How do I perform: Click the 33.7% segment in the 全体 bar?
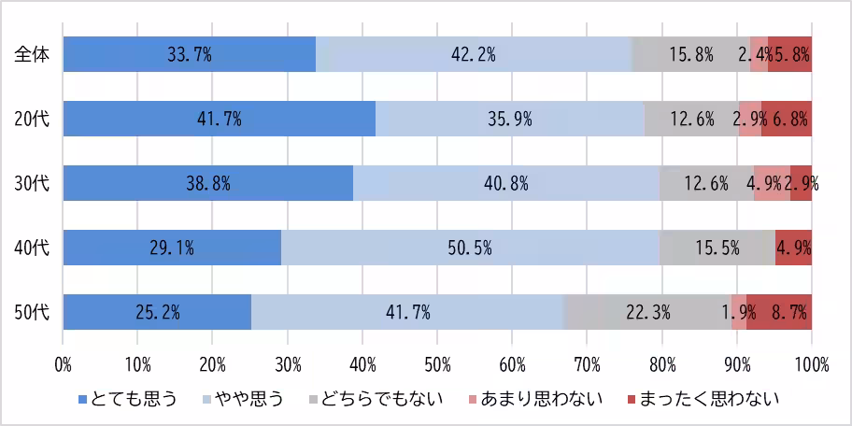[x=190, y=54]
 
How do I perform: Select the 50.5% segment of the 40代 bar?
[x=470, y=248]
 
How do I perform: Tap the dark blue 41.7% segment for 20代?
[x=220, y=119]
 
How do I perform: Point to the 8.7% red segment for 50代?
[x=779, y=312]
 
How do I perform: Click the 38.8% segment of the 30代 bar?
[x=208, y=183]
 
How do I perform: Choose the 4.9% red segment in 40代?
[x=793, y=248]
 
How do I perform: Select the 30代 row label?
[x=31, y=183]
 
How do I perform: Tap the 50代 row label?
[x=31, y=312]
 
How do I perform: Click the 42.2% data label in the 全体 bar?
[x=473, y=54]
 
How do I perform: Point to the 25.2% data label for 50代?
[x=158, y=312]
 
